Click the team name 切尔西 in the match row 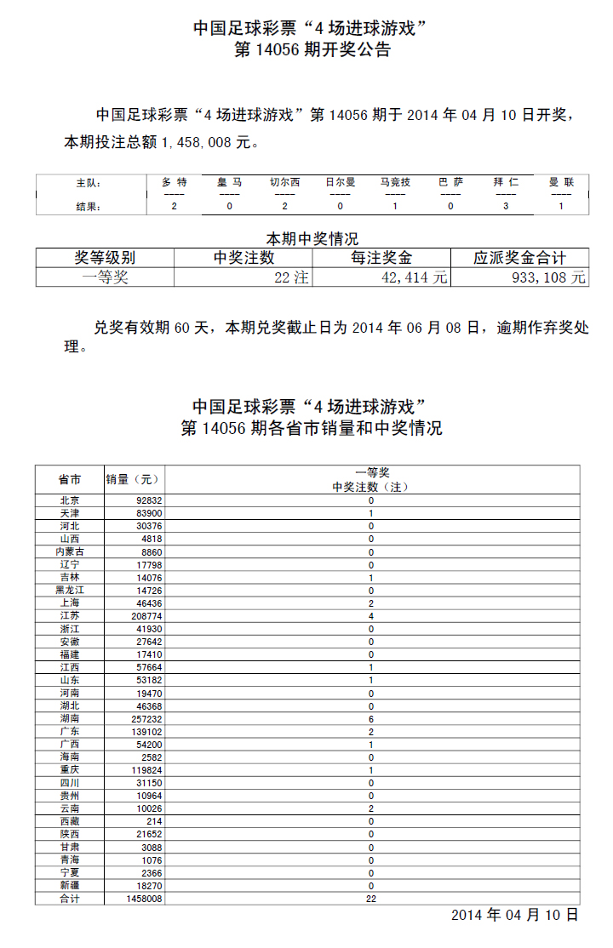[284, 182]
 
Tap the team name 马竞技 [395, 182]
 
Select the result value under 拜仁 [506, 207]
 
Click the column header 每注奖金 [381, 258]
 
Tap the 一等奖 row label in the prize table [105, 277]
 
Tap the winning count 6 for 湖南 [371, 718]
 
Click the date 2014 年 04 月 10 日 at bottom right [514, 916]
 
